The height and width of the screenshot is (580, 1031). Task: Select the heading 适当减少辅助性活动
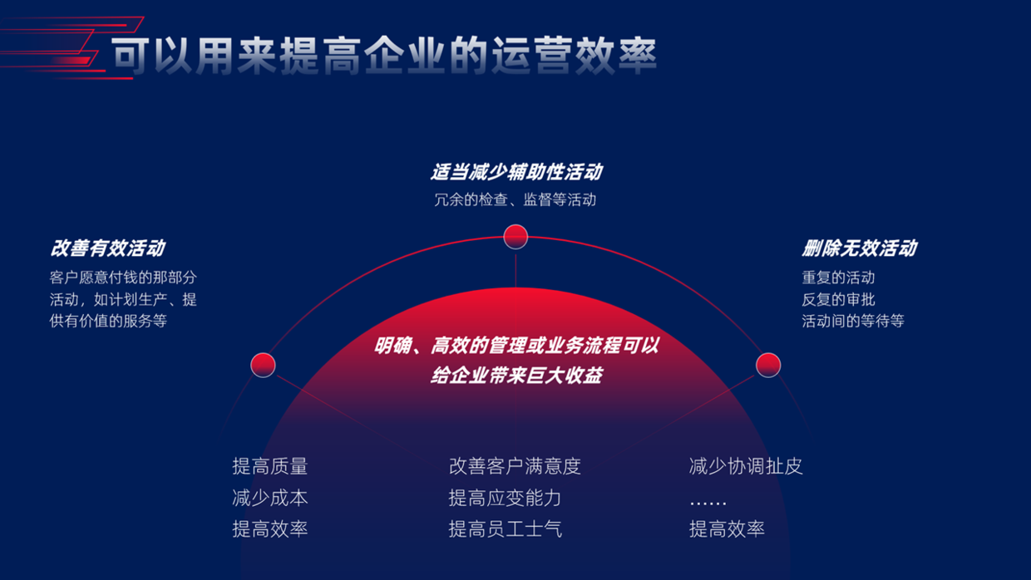tap(515, 172)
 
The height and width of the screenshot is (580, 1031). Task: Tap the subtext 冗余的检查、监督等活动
tap(515, 199)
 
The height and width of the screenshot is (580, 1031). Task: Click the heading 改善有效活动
tap(107, 248)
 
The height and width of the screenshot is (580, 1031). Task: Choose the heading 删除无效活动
tap(859, 248)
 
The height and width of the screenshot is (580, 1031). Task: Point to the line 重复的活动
tap(838, 278)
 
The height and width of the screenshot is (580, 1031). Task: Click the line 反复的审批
tap(838, 299)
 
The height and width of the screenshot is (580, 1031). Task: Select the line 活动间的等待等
tap(853, 321)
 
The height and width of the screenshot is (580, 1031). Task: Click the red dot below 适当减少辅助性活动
tap(515, 236)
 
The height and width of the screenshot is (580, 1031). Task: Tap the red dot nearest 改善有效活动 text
tap(263, 365)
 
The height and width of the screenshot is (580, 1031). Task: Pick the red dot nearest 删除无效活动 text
tap(768, 365)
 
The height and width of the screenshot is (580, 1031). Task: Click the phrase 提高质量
tap(270, 466)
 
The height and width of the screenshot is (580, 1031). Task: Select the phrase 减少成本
tap(270, 498)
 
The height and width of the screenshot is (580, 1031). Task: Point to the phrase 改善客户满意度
tap(515, 466)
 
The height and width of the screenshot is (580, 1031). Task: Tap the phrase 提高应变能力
tap(505, 498)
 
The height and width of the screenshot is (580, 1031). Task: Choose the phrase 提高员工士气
tap(505, 528)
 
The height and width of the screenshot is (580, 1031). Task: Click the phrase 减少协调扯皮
tap(746, 466)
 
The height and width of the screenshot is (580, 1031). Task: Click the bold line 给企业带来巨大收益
tap(515, 376)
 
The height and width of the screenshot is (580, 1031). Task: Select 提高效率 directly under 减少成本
tap(270, 528)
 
